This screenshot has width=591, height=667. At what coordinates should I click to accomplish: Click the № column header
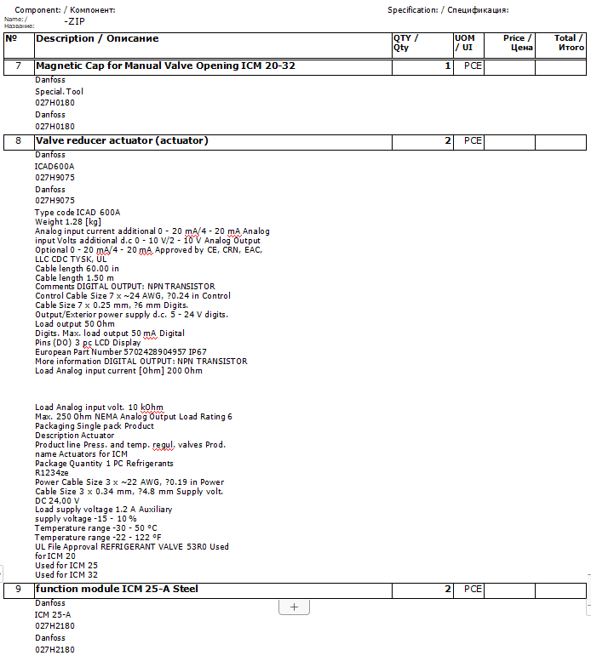click(x=11, y=38)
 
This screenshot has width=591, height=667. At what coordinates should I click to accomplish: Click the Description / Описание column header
click(x=97, y=38)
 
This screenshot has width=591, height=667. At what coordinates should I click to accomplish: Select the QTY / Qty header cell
click(x=406, y=43)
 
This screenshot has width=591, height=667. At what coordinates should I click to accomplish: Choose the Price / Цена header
click(x=517, y=43)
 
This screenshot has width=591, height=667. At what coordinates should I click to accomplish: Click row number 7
click(x=18, y=66)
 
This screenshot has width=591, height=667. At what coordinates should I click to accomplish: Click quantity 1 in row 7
click(x=447, y=66)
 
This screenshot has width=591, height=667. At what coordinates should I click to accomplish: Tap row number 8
click(x=18, y=141)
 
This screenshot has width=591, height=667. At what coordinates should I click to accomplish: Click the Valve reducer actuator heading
click(x=122, y=140)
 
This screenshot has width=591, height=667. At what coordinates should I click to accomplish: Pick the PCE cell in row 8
click(x=473, y=141)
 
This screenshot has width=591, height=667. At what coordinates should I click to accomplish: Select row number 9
click(x=18, y=590)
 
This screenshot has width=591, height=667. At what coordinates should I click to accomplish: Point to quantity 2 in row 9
click(x=447, y=590)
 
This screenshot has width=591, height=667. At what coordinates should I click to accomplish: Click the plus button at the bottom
click(x=294, y=607)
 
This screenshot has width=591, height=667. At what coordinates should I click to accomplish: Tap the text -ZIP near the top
click(x=74, y=21)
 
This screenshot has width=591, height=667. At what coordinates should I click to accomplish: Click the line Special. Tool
click(x=59, y=91)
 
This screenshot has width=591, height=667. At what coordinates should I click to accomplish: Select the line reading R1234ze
click(x=52, y=472)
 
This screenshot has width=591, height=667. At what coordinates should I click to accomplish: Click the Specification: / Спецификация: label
click(x=448, y=10)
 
